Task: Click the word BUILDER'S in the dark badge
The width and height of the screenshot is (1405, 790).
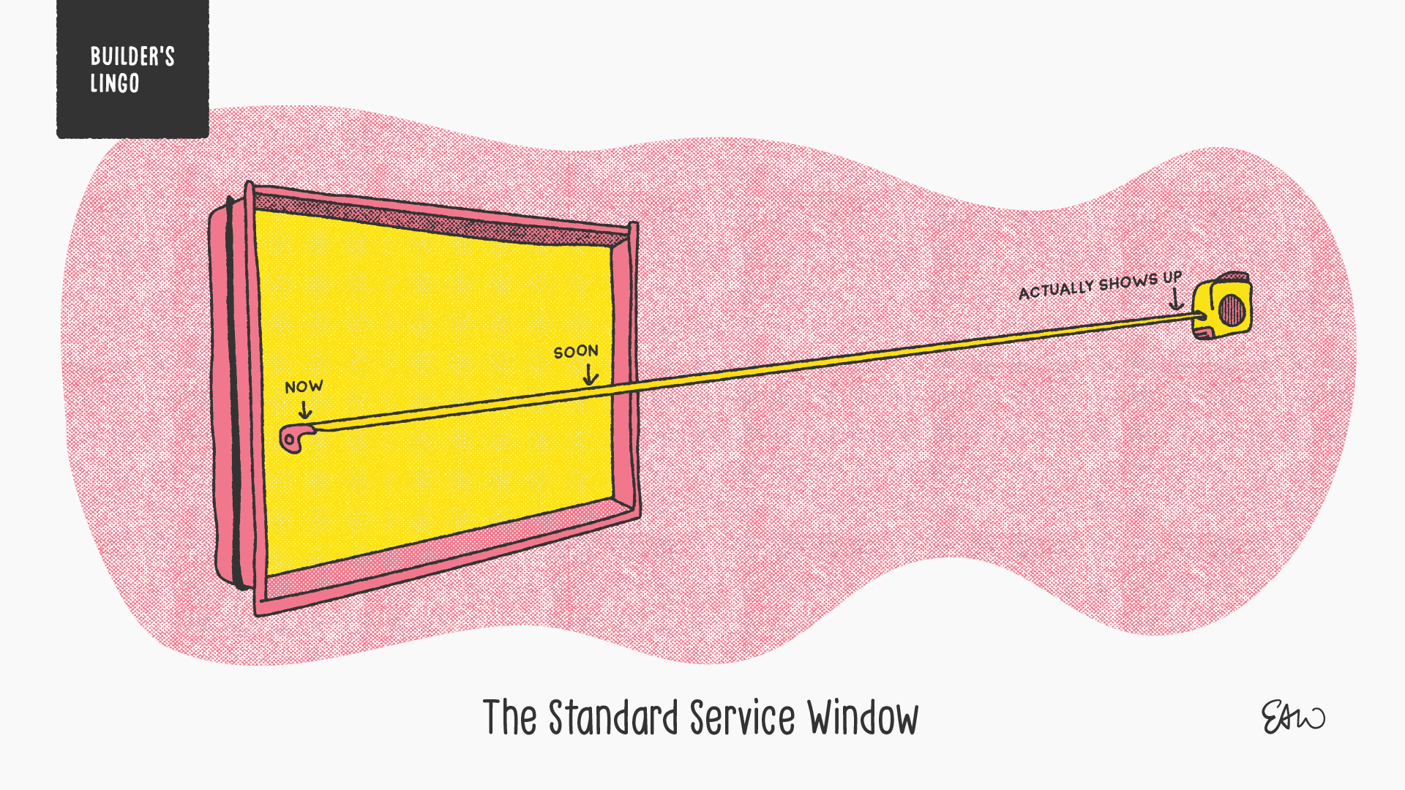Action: click(132, 56)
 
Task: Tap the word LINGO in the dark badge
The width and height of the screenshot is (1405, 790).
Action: click(115, 83)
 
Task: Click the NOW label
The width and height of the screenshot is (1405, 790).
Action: click(304, 386)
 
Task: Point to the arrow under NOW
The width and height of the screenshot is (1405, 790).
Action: click(305, 410)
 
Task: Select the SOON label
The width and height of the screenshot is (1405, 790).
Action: click(576, 352)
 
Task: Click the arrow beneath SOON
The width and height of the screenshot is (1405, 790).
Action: click(590, 375)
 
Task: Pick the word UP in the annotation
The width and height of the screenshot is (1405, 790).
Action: click(1172, 277)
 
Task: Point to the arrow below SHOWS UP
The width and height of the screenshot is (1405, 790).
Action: click(1176, 299)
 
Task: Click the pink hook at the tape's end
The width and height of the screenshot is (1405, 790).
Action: click(294, 438)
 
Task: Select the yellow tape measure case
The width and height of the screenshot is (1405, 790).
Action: click(1222, 307)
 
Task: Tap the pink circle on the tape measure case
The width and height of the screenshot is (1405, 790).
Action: click(1232, 309)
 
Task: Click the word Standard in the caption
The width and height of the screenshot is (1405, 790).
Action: click(613, 718)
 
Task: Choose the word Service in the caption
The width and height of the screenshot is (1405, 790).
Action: click(742, 718)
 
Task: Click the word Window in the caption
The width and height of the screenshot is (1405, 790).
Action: click(863, 718)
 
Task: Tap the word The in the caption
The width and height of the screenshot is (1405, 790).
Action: click(510, 718)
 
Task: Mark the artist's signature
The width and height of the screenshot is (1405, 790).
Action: click(1292, 717)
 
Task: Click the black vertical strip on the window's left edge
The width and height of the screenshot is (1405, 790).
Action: click(233, 395)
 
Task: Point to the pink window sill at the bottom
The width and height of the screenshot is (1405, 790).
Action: click(439, 556)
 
